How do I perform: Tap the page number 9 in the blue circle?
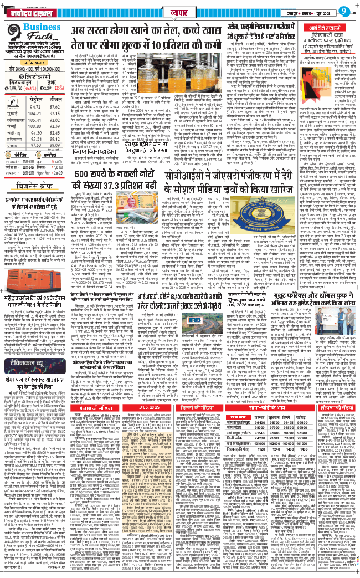[x=348, y=10]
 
